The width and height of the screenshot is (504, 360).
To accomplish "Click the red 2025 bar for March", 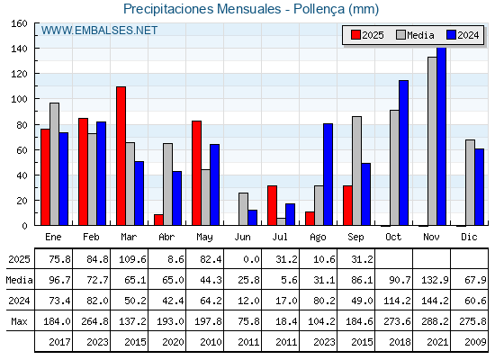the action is (x=121, y=156).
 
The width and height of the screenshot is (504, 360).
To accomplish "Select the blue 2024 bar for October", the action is (x=403, y=153).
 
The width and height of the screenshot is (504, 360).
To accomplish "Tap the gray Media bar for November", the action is (x=432, y=141).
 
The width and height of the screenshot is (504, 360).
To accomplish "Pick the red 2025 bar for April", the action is (x=158, y=220).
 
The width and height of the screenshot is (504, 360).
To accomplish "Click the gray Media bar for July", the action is (x=281, y=221).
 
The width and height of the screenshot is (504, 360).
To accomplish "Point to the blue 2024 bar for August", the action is (x=328, y=175).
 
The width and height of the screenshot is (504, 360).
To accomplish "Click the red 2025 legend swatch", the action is (x=355, y=35).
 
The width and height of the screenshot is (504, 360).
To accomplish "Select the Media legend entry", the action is (x=415, y=35).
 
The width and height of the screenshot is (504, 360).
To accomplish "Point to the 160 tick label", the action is (x=20, y=23).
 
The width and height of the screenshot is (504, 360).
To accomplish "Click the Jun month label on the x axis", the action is (x=242, y=238).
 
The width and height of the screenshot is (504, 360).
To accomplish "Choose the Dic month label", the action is (x=469, y=237).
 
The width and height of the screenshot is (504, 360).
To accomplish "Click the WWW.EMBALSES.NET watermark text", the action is (x=99, y=31).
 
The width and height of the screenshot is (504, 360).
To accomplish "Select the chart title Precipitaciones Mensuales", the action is (x=202, y=9).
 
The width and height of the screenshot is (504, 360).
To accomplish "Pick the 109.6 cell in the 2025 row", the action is (x=132, y=259).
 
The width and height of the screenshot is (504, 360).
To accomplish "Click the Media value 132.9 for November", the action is (x=435, y=280).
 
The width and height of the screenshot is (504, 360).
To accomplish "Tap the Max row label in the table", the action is (x=19, y=321).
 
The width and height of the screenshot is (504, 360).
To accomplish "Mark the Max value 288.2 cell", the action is (x=435, y=321).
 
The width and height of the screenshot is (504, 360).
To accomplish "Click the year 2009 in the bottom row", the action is (x=475, y=342).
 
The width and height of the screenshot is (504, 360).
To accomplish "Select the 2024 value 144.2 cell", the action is (x=435, y=301).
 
